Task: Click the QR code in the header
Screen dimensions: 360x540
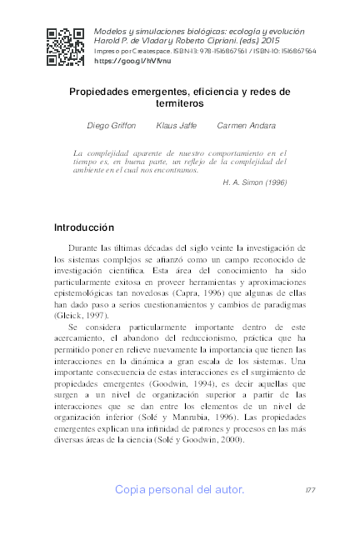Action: coord(65,47)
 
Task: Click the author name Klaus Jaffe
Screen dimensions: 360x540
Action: coord(176,125)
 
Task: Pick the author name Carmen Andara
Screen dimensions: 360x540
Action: coord(245,125)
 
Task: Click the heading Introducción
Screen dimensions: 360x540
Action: coord(83,227)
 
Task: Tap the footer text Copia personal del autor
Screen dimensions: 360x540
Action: coord(180,489)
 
